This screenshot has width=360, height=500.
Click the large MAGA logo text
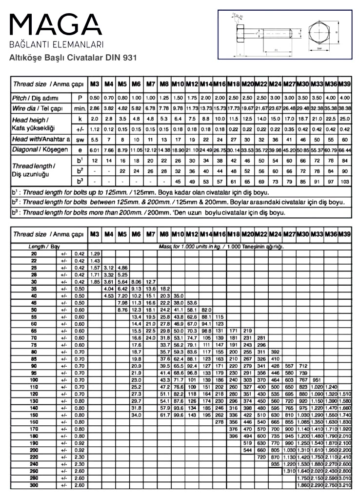point(56,25)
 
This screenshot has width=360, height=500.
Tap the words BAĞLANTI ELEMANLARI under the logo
point(57,45)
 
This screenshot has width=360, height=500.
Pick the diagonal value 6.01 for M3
point(95,150)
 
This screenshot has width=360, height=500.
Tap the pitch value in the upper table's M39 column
point(344,98)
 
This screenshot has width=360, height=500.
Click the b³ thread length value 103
point(344,182)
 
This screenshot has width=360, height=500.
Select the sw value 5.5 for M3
point(95,140)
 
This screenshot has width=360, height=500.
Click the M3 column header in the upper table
point(95,84)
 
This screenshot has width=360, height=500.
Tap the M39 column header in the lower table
point(344,234)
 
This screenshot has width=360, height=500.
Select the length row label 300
point(34,485)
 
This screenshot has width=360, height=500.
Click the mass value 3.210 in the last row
point(344,485)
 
